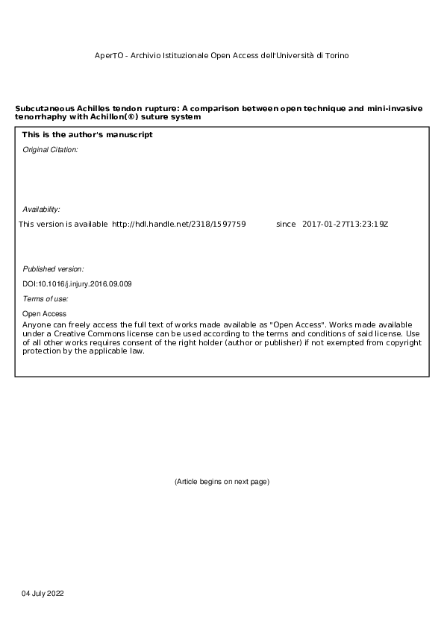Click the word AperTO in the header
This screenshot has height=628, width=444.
point(107,56)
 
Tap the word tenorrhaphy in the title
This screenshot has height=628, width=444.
point(38,117)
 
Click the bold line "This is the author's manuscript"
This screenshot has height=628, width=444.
point(87,135)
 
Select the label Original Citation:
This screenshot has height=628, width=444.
point(50,150)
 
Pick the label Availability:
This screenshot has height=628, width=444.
point(41,210)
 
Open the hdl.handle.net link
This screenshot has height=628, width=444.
point(178,224)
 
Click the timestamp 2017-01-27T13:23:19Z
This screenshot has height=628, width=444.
point(345,224)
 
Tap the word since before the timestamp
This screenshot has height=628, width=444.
point(286,224)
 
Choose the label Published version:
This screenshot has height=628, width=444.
point(53,269)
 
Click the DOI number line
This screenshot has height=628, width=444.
point(78,284)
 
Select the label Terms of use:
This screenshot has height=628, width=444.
point(46,299)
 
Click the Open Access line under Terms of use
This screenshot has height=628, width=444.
point(44,314)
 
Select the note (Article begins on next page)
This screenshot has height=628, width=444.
point(222,482)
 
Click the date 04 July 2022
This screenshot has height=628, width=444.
point(43,593)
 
